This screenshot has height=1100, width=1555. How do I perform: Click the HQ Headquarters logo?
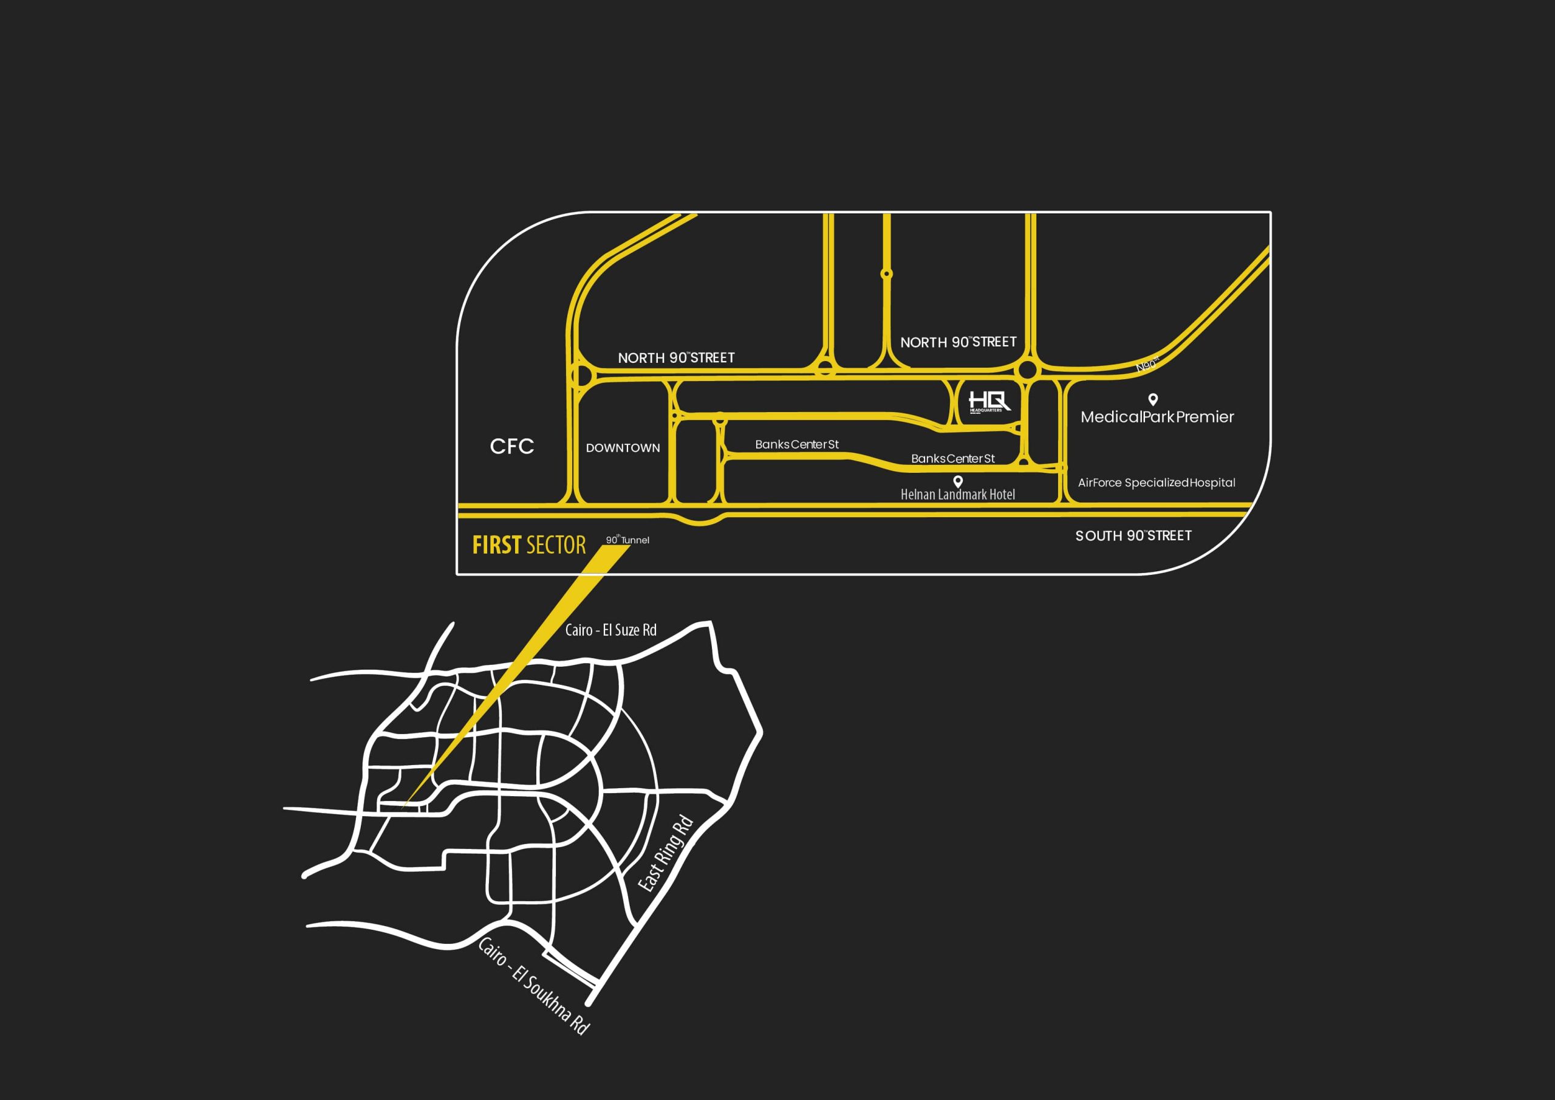tap(988, 402)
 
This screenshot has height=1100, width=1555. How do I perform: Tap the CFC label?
tap(512, 446)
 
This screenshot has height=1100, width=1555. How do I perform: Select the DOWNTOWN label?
tap(623, 448)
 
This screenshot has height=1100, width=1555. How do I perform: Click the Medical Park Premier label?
tap(1157, 417)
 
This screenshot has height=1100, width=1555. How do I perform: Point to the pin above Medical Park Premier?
tap(1153, 399)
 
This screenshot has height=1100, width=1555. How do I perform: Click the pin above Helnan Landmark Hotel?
tap(958, 481)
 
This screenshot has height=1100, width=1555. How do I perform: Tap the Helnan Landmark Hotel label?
tap(958, 495)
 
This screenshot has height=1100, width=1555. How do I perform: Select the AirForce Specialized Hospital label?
tap(1156, 483)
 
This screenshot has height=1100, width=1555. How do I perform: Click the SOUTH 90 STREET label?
tap(1133, 535)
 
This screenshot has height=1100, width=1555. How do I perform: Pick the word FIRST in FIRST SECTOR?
tap(496, 545)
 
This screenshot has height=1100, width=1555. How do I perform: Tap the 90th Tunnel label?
tap(627, 540)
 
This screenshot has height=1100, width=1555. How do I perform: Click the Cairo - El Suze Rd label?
tap(610, 630)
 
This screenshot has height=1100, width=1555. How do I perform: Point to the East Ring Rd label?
tap(666, 853)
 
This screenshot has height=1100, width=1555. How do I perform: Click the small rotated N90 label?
tap(1147, 365)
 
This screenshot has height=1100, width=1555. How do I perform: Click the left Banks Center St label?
tap(796, 445)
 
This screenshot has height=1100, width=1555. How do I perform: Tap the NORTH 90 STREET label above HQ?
tap(959, 342)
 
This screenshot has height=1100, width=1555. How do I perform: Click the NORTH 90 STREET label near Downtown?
tap(676, 358)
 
